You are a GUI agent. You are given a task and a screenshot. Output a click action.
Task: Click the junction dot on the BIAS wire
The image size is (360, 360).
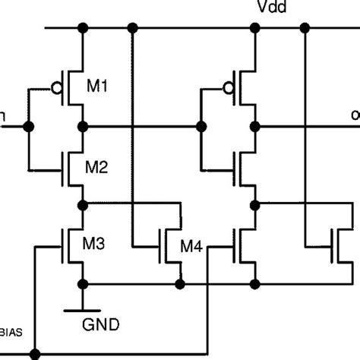coord(34,353)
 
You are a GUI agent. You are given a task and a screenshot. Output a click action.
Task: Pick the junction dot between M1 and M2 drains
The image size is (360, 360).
coord(82,126)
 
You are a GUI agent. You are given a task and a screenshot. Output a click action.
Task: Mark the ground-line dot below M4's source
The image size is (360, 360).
coord(180,283)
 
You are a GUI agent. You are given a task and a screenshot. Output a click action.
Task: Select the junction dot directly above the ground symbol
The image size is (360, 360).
coord(82,283)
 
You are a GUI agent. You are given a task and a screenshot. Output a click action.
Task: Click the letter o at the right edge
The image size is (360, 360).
coord(355,115)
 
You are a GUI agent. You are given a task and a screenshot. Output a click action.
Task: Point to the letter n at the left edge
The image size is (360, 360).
coord(4,115)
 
